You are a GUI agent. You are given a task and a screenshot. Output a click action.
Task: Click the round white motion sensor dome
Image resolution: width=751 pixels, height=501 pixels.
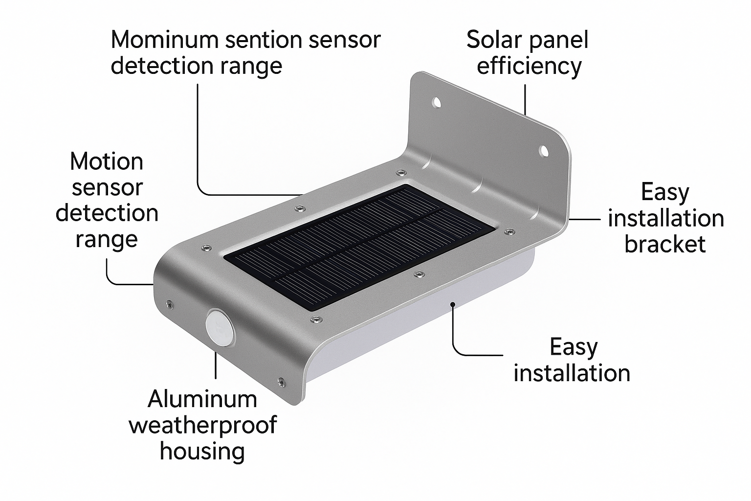[x=220, y=328]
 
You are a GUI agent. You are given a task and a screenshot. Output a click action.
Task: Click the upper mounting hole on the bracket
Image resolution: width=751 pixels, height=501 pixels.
[x=437, y=102]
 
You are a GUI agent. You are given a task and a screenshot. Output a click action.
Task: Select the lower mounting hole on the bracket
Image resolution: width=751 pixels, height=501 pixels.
[x=544, y=151]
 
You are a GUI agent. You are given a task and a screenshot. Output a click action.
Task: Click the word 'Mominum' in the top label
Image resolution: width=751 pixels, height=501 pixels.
[x=165, y=40]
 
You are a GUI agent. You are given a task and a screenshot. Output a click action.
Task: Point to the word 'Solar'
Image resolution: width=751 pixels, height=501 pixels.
[x=493, y=40]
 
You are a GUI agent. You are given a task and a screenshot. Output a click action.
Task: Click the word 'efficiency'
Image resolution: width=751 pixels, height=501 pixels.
[x=529, y=67]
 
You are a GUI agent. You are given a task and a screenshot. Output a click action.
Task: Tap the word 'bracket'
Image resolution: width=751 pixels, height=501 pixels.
[x=665, y=244]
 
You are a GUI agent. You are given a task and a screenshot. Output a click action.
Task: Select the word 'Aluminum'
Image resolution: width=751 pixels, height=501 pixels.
[x=202, y=399]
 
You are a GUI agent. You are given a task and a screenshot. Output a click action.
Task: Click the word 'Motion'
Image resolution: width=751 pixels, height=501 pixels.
[x=107, y=162]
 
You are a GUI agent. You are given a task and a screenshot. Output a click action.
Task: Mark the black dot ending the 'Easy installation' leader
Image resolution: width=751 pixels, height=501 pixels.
[x=453, y=304]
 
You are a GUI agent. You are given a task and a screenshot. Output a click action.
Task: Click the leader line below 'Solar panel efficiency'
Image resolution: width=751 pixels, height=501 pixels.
[x=525, y=100]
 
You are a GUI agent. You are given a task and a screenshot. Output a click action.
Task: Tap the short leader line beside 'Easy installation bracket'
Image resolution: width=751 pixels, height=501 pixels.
[x=584, y=220]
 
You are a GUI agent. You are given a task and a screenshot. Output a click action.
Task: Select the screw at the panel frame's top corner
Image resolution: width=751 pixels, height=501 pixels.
[x=401, y=173]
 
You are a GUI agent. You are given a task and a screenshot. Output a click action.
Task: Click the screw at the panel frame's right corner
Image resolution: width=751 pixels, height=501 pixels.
[x=509, y=231]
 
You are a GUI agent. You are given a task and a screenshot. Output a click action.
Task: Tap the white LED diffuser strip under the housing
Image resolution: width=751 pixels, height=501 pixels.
[x=419, y=322]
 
